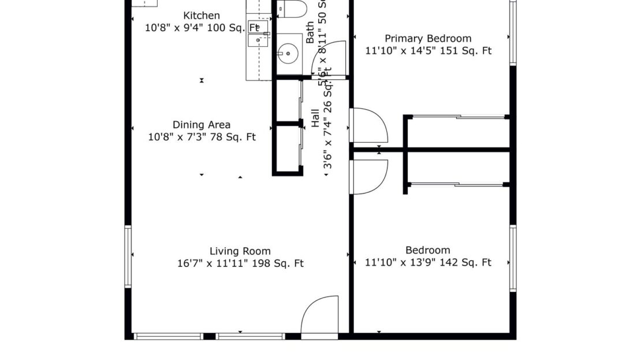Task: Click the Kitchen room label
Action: coord(202,16)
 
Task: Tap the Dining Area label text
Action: coord(202,125)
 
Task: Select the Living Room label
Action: coord(240,251)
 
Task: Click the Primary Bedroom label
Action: coord(428,39)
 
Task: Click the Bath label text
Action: coord(310,33)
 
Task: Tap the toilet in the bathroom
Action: coord(291,10)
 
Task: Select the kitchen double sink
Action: coord(258,34)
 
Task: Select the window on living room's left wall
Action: coord(128,257)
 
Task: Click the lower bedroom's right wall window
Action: coord(513,258)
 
